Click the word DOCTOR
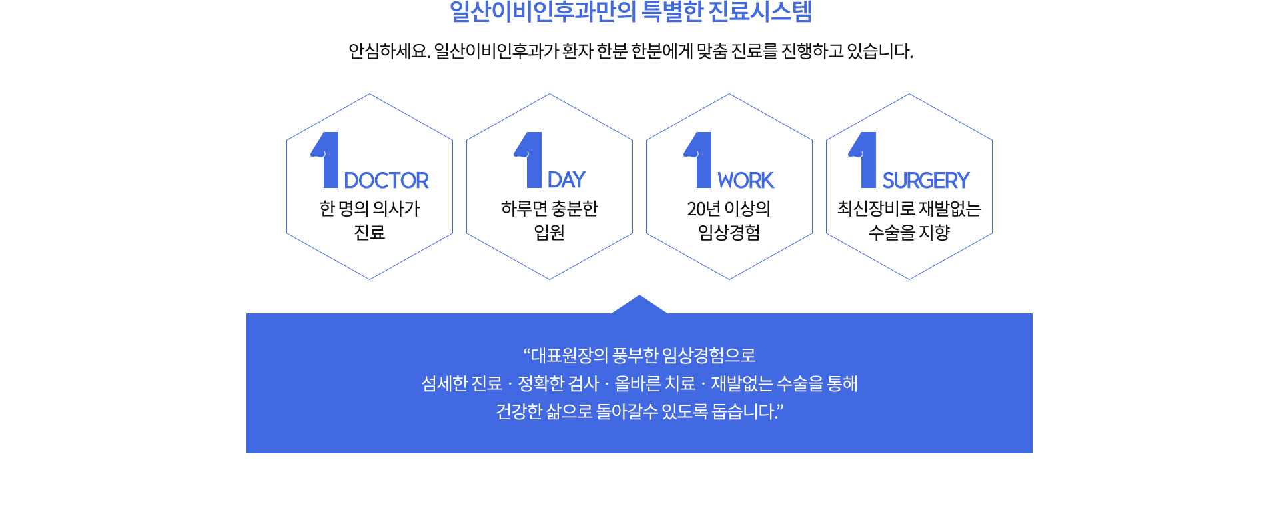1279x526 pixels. [386, 180]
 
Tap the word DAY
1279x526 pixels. [566, 180]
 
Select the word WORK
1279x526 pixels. [745, 180]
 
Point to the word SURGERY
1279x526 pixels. [926, 180]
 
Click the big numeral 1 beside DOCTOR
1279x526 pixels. [326, 160]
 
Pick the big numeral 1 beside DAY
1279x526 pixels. [530, 160]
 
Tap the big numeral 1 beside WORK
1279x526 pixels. [699, 160]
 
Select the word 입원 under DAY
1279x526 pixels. [550, 232]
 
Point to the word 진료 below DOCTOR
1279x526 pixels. [370, 232]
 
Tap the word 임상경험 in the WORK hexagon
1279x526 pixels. [729, 232]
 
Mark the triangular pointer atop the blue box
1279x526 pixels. [639, 305]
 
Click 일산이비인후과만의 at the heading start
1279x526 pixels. [543, 12]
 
